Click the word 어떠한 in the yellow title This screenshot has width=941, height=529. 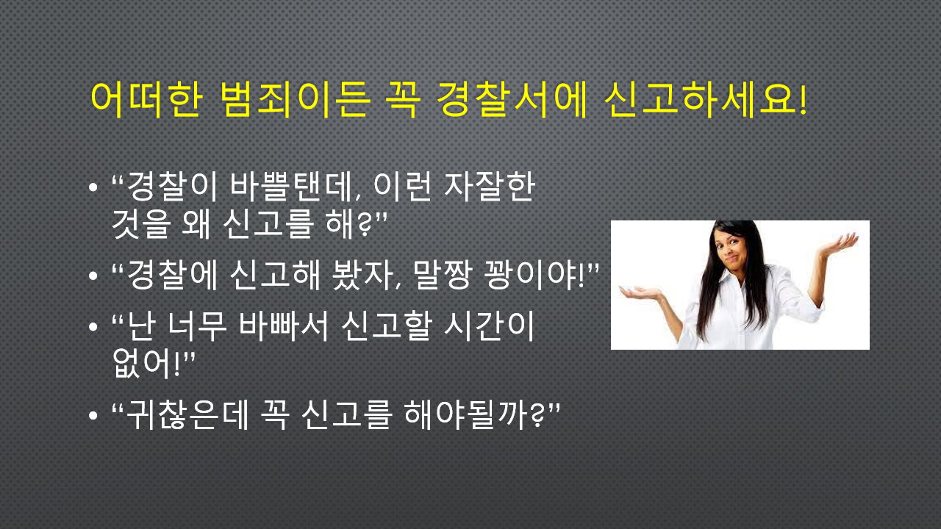[147, 100]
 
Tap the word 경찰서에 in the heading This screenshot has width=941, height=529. [512, 100]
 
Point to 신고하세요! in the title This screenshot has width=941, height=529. [706, 100]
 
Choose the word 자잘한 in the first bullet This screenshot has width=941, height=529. [490, 186]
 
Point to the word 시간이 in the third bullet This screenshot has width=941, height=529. [490, 325]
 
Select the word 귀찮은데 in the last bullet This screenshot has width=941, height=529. [187, 415]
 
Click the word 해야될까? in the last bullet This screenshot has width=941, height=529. [474, 415]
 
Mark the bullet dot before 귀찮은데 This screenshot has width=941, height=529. [93, 416]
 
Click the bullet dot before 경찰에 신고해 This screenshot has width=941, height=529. [93, 276]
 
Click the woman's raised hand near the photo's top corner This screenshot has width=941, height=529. [840, 243]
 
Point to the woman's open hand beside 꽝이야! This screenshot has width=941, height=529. [640, 292]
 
